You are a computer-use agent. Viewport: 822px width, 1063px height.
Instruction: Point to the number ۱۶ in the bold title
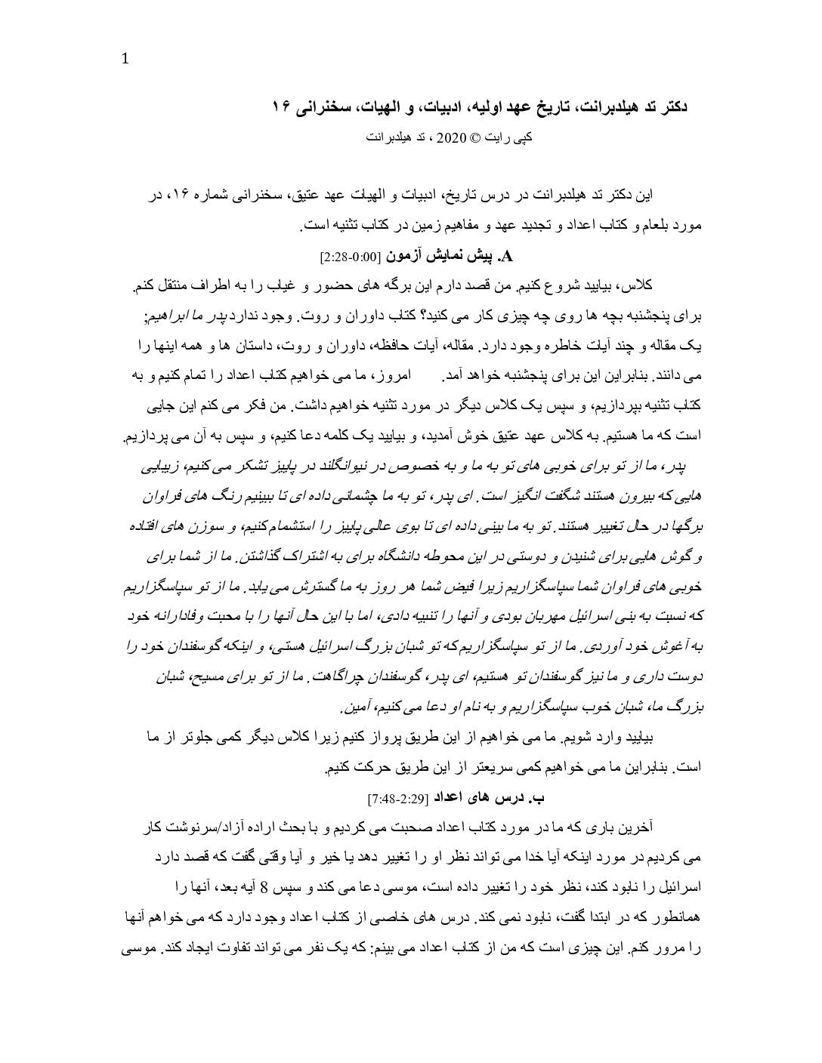coord(283,108)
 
